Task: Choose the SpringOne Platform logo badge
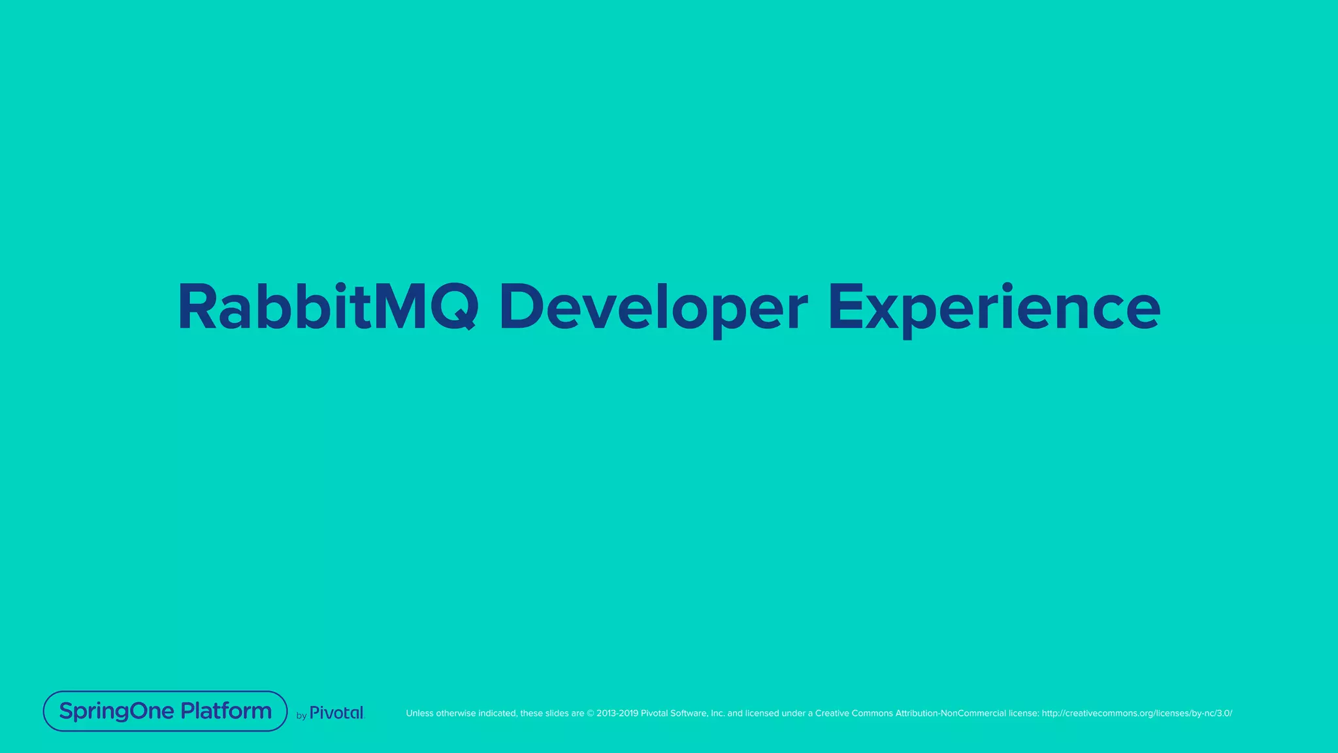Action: pyautogui.click(x=165, y=711)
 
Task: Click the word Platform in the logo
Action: pyautogui.click(x=226, y=711)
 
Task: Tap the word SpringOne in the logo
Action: pyautogui.click(x=117, y=712)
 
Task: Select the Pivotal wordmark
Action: pyautogui.click(x=336, y=713)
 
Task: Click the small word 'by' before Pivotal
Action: pyautogui.click(x=301, y=716)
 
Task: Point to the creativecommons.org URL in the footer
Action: pyautogui.click(x=1137, y=713)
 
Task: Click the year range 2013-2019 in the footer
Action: pyautogui.click(x=617, y=713)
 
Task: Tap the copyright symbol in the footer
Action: pyautogui.click(x=590, y=713)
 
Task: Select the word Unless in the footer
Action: pyautogui.click(x=419, y=713)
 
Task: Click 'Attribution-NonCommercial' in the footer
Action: pyautogui.click(x=950, y=713)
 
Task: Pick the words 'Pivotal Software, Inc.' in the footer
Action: pyautogui.click(x=683, y=713)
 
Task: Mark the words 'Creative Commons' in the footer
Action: pyautogui.click(x=854, y=713)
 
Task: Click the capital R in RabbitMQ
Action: pyautogui.click(x=197, y=307)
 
